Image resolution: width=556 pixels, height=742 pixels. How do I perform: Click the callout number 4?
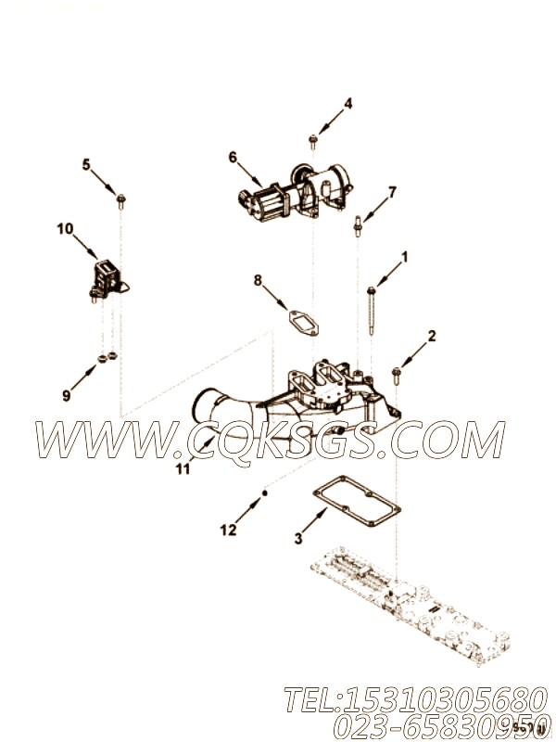click(x=348, y=103)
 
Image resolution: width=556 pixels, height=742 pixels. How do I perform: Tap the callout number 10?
click(x=65, y=229)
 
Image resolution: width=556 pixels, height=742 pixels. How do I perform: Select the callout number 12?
click(x=228, y=531)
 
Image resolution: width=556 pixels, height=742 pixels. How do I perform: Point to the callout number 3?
click(x=297, y=538)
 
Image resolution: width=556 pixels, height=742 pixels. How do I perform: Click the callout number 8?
click(x=258, y=281)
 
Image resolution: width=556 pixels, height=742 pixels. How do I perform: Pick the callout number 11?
click(x=183, y=469)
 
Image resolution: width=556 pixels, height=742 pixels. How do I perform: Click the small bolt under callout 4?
click(x=312, y=141)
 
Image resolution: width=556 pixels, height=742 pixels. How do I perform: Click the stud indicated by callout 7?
click(x=358, y=225)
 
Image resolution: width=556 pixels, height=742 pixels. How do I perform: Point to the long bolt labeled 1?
click(x=372, y=310)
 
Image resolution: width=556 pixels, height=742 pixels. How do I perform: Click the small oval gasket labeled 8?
click(x=304, y=323)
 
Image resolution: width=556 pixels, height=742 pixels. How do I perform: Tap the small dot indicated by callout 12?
click(x=265, y=493)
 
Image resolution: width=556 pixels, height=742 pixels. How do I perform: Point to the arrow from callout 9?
click(x=84, y=377)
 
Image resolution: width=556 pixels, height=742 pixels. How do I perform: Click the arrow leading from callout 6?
click(x=249, y=174)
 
